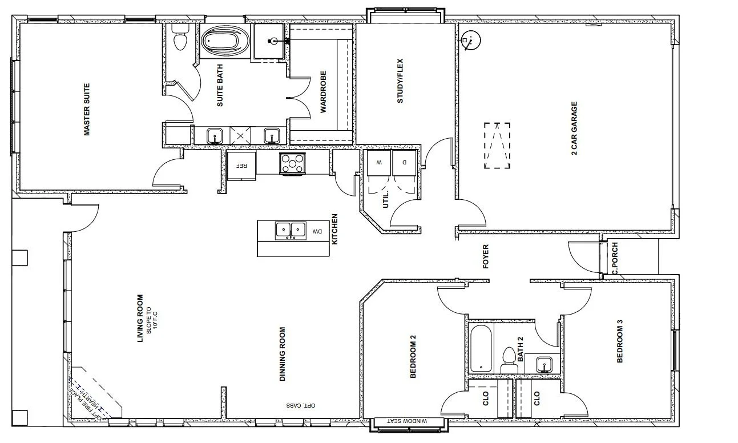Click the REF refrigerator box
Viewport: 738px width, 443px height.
[241, 166]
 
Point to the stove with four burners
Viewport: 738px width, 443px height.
[292, 164]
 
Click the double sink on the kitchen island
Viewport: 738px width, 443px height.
[291, 230]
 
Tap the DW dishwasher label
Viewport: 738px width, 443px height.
[317, 232]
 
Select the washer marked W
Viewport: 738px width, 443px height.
[378, 162]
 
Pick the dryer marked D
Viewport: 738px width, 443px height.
[405, 162]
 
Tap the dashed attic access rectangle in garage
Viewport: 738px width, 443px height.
[497, 145]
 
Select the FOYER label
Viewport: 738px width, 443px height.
[486, 257]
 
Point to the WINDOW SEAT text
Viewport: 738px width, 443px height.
[407, 421]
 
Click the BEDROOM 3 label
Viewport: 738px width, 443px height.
[620, 344]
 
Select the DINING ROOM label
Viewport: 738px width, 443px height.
[282, 354]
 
